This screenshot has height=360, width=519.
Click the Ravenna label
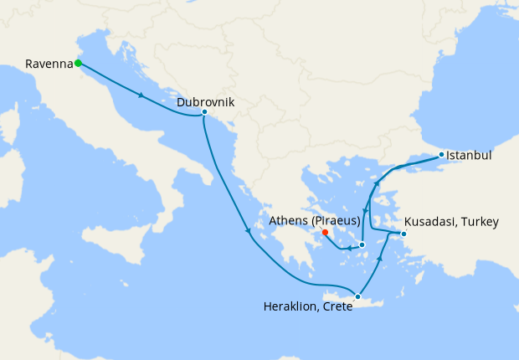49,64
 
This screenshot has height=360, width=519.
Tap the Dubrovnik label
205,103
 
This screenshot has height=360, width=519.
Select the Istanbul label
469,156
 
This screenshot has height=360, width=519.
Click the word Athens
289,221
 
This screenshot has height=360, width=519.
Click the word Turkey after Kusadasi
480,222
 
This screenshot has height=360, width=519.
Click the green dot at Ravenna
78,63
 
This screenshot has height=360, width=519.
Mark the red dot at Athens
325,233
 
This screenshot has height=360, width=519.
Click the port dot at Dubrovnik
204,111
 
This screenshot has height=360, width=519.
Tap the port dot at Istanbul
441,156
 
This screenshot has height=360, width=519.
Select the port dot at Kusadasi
403,234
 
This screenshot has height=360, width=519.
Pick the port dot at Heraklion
357,296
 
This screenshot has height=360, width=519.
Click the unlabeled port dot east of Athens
362,244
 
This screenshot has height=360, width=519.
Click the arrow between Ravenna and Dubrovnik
142,95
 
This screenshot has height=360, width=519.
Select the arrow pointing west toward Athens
347,249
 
